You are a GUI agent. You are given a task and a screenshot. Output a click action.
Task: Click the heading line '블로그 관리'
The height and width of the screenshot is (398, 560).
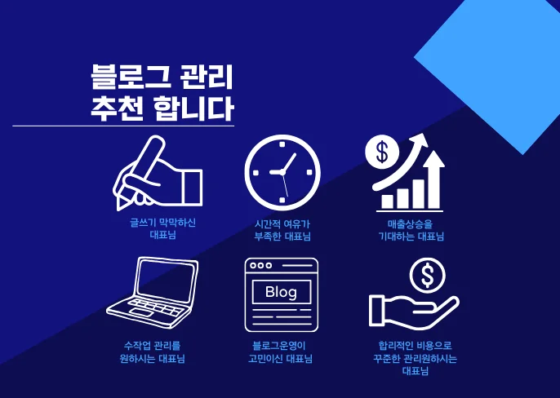pos(162,79)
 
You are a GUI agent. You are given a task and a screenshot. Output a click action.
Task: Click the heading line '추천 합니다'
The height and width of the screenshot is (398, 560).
pos(162,109)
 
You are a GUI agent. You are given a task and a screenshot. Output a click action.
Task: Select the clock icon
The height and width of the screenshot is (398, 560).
pos(282,171)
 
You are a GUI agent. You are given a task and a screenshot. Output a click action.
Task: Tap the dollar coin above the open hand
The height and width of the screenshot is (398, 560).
pos(427,276)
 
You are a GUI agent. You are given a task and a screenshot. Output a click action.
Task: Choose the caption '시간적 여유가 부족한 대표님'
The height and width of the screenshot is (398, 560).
pos(282,229)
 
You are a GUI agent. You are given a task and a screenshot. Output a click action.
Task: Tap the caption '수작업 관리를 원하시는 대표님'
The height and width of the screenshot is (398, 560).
pos(153,352)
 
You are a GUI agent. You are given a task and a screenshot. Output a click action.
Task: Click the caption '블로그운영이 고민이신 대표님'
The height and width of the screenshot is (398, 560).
pos(281,352)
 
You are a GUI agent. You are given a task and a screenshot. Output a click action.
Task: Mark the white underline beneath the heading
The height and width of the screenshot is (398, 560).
pos(122,126)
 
